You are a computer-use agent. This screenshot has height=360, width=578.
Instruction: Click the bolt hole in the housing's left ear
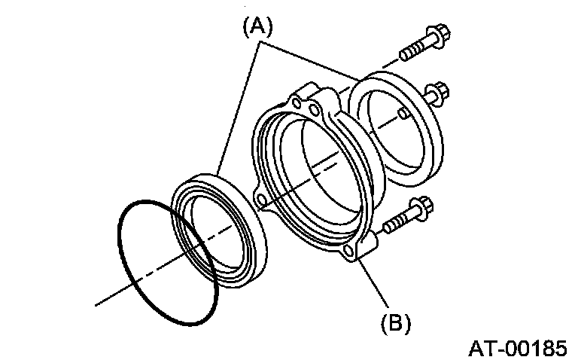click(x=261, y=200)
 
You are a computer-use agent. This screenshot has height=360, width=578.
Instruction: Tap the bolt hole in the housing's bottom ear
click(x=347, y=251)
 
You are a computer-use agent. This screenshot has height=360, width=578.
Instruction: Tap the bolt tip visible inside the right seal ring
click(x=403, y=113)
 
